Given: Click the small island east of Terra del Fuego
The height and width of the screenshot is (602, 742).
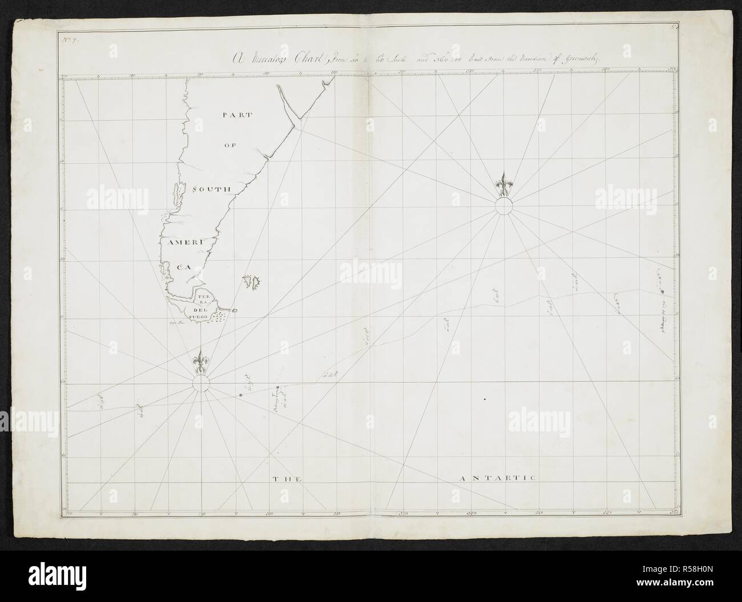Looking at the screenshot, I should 234,310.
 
